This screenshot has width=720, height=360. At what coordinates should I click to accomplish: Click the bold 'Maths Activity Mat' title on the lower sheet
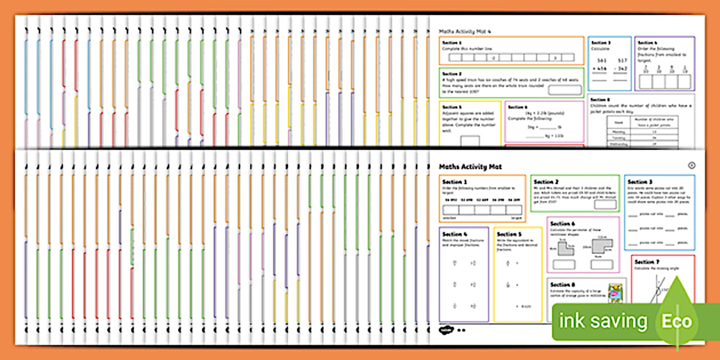click(x=470, y=166)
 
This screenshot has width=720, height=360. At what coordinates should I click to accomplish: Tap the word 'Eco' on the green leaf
click(x=677, y=321)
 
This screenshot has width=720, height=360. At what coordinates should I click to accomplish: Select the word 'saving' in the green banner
click(x=619, y=321)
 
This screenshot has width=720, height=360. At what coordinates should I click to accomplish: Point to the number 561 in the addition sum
click(x=602, y=61)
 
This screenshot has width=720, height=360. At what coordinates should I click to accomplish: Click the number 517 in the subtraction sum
click(x=622, y=61)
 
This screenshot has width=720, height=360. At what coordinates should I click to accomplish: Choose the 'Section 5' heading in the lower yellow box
click(x=509, y=234)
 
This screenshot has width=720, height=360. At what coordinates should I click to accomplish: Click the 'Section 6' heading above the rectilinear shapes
click(x=562, y=224)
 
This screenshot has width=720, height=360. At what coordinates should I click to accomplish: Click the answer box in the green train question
click(x=564, y=90)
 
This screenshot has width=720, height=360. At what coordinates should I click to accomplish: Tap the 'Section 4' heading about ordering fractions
click(x=647, y=43)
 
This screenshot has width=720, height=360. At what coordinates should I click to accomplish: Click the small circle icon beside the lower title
click(x=692, y=165)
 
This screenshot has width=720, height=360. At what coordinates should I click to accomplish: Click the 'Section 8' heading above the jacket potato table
click(x=599, y=99)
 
